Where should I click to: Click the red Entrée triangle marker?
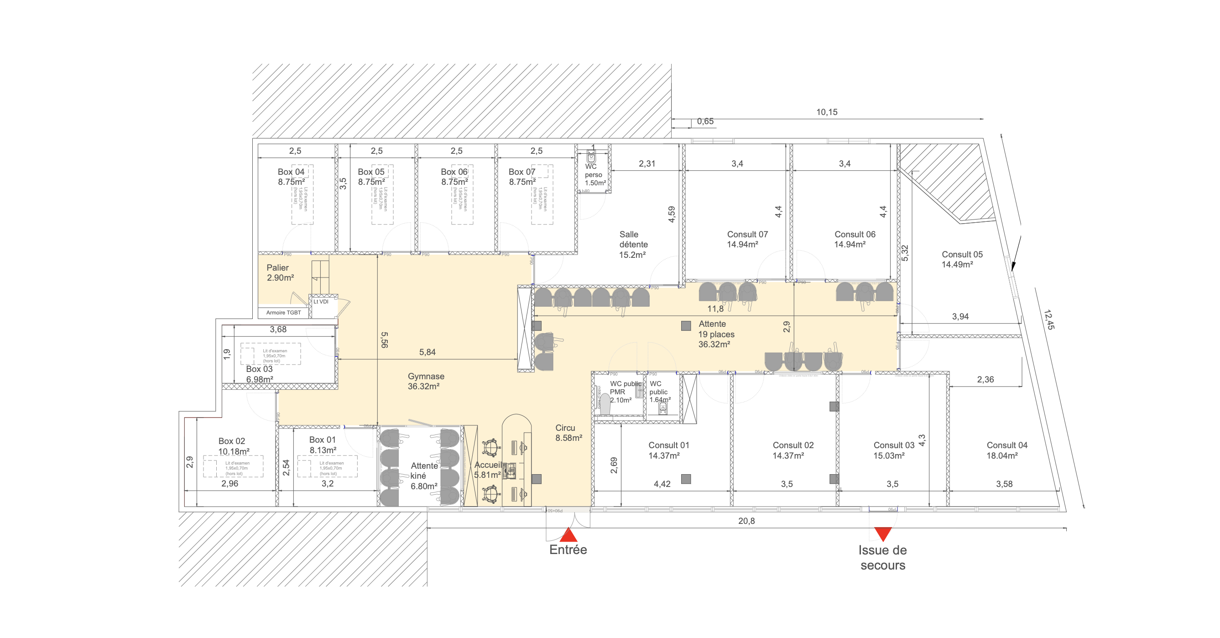(568, 535)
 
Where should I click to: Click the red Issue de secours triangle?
(883, 533)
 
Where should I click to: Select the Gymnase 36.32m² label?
(425, 381)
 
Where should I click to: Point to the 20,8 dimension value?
(746, 521)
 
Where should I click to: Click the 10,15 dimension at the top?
(826, 112)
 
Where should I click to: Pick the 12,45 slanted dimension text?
(1048, 320)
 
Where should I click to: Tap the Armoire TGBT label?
(283, 313)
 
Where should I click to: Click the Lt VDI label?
(321, 302)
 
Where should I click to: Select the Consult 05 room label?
(961, 259)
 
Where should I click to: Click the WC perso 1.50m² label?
(594, 175)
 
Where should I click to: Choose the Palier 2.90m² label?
(279, 273)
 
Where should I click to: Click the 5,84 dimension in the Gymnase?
(427, 352)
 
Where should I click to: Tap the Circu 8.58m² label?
(568, 433)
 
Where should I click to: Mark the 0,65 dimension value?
(705, 121)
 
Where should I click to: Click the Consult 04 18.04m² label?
(1006, 450)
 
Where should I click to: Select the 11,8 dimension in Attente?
(715, 309)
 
